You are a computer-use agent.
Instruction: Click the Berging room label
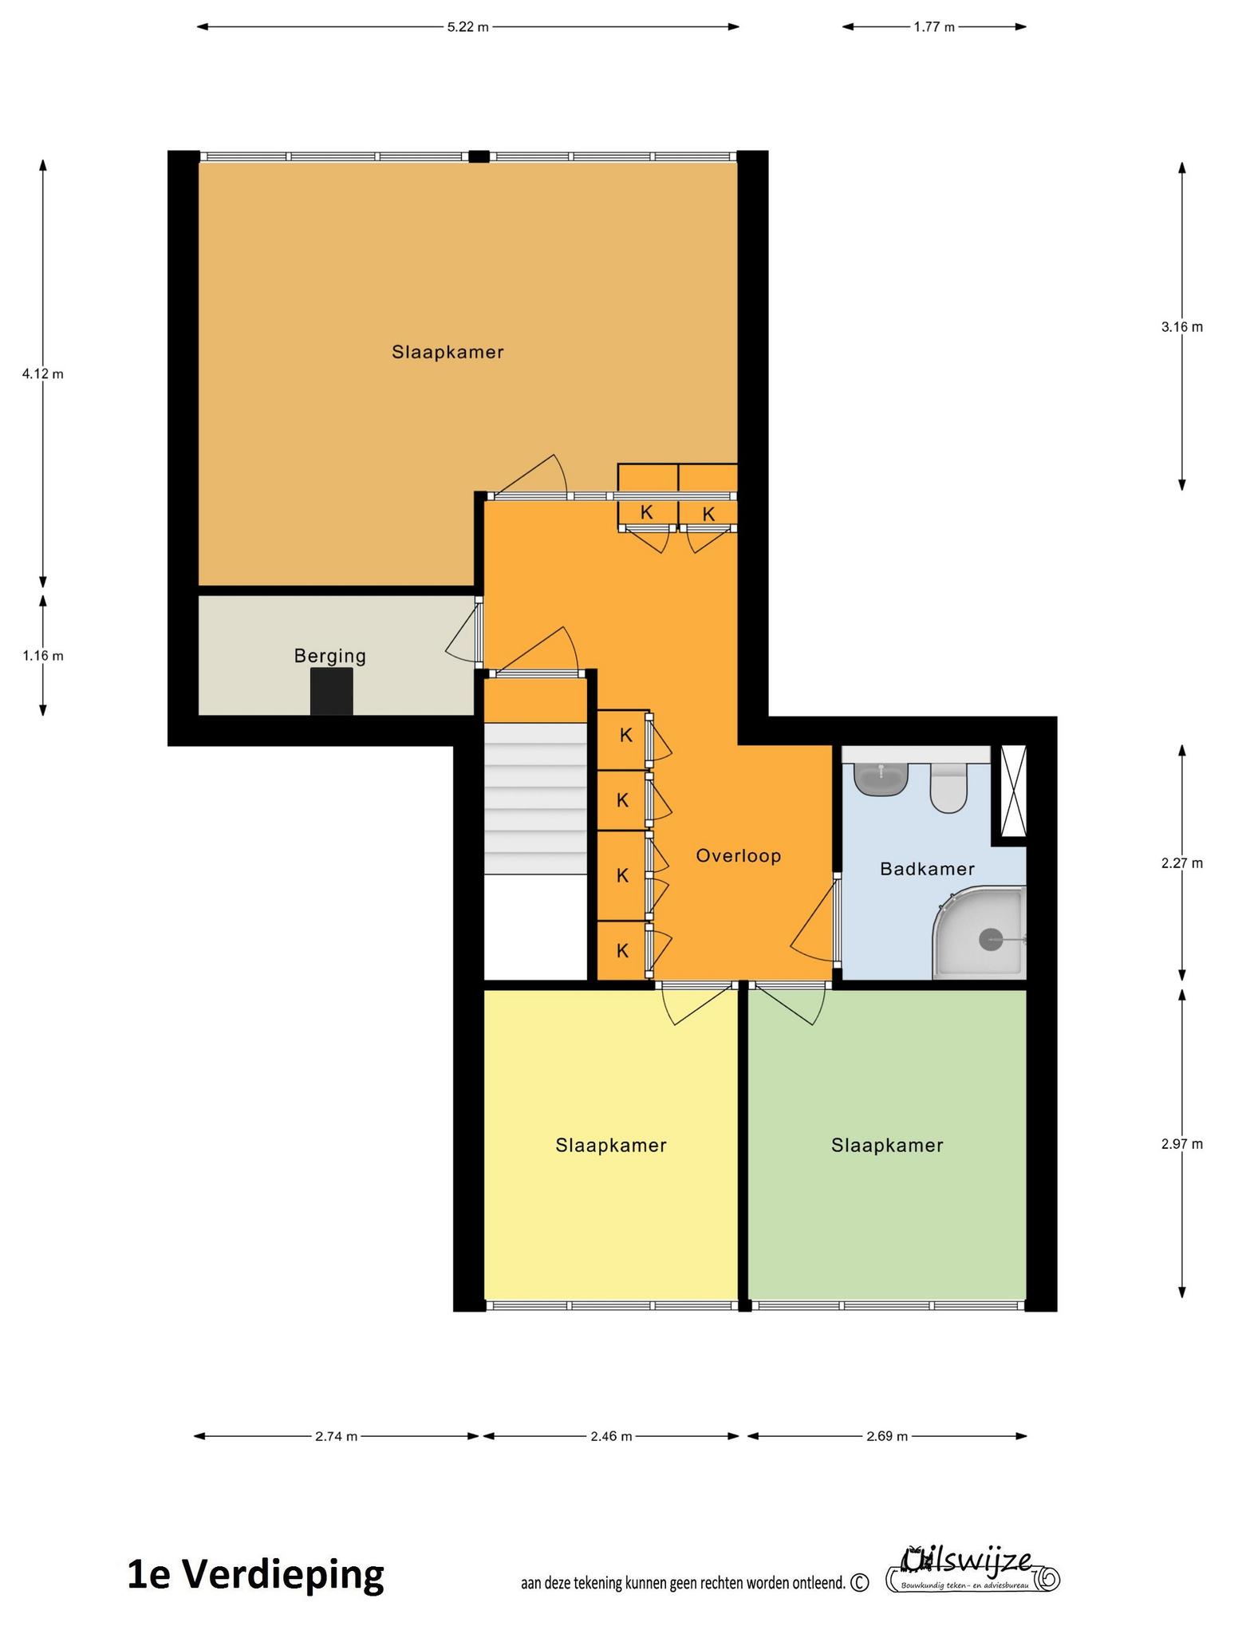pyautogui.click(x=329, y=656)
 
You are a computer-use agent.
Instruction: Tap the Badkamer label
pyautogui.click(x=927, y=868)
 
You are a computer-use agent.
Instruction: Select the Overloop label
pyautogui.click(x=738, y=856)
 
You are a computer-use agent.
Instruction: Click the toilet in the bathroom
pyautogui.click(x=948, y=788)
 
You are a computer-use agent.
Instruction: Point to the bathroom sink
pyautogui.click(x=881, y=779)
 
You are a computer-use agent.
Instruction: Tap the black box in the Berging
pyautogui.click(x=331, y=692)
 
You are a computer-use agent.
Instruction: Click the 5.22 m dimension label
pyautogui.click(x=467, y=27)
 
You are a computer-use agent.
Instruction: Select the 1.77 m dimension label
pyautogui.click(x=934, y=27)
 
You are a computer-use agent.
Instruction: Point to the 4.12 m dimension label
pyautogui.click(x=43, y=373)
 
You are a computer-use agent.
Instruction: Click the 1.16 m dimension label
pyautogui.click(x=43, y=656)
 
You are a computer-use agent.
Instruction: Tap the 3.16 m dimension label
pyautogui.click(x=1182, y=326)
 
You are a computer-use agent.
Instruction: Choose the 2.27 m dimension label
pyautogui.click(x=1182, y=862)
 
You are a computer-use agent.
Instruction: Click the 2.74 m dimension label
pyautogui.click(x=336, y=1436)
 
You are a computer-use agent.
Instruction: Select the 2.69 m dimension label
pyautogui.click(x=887, y=1436)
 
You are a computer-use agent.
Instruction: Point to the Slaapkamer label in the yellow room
pyautogui.click(x=611, y=1146)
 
